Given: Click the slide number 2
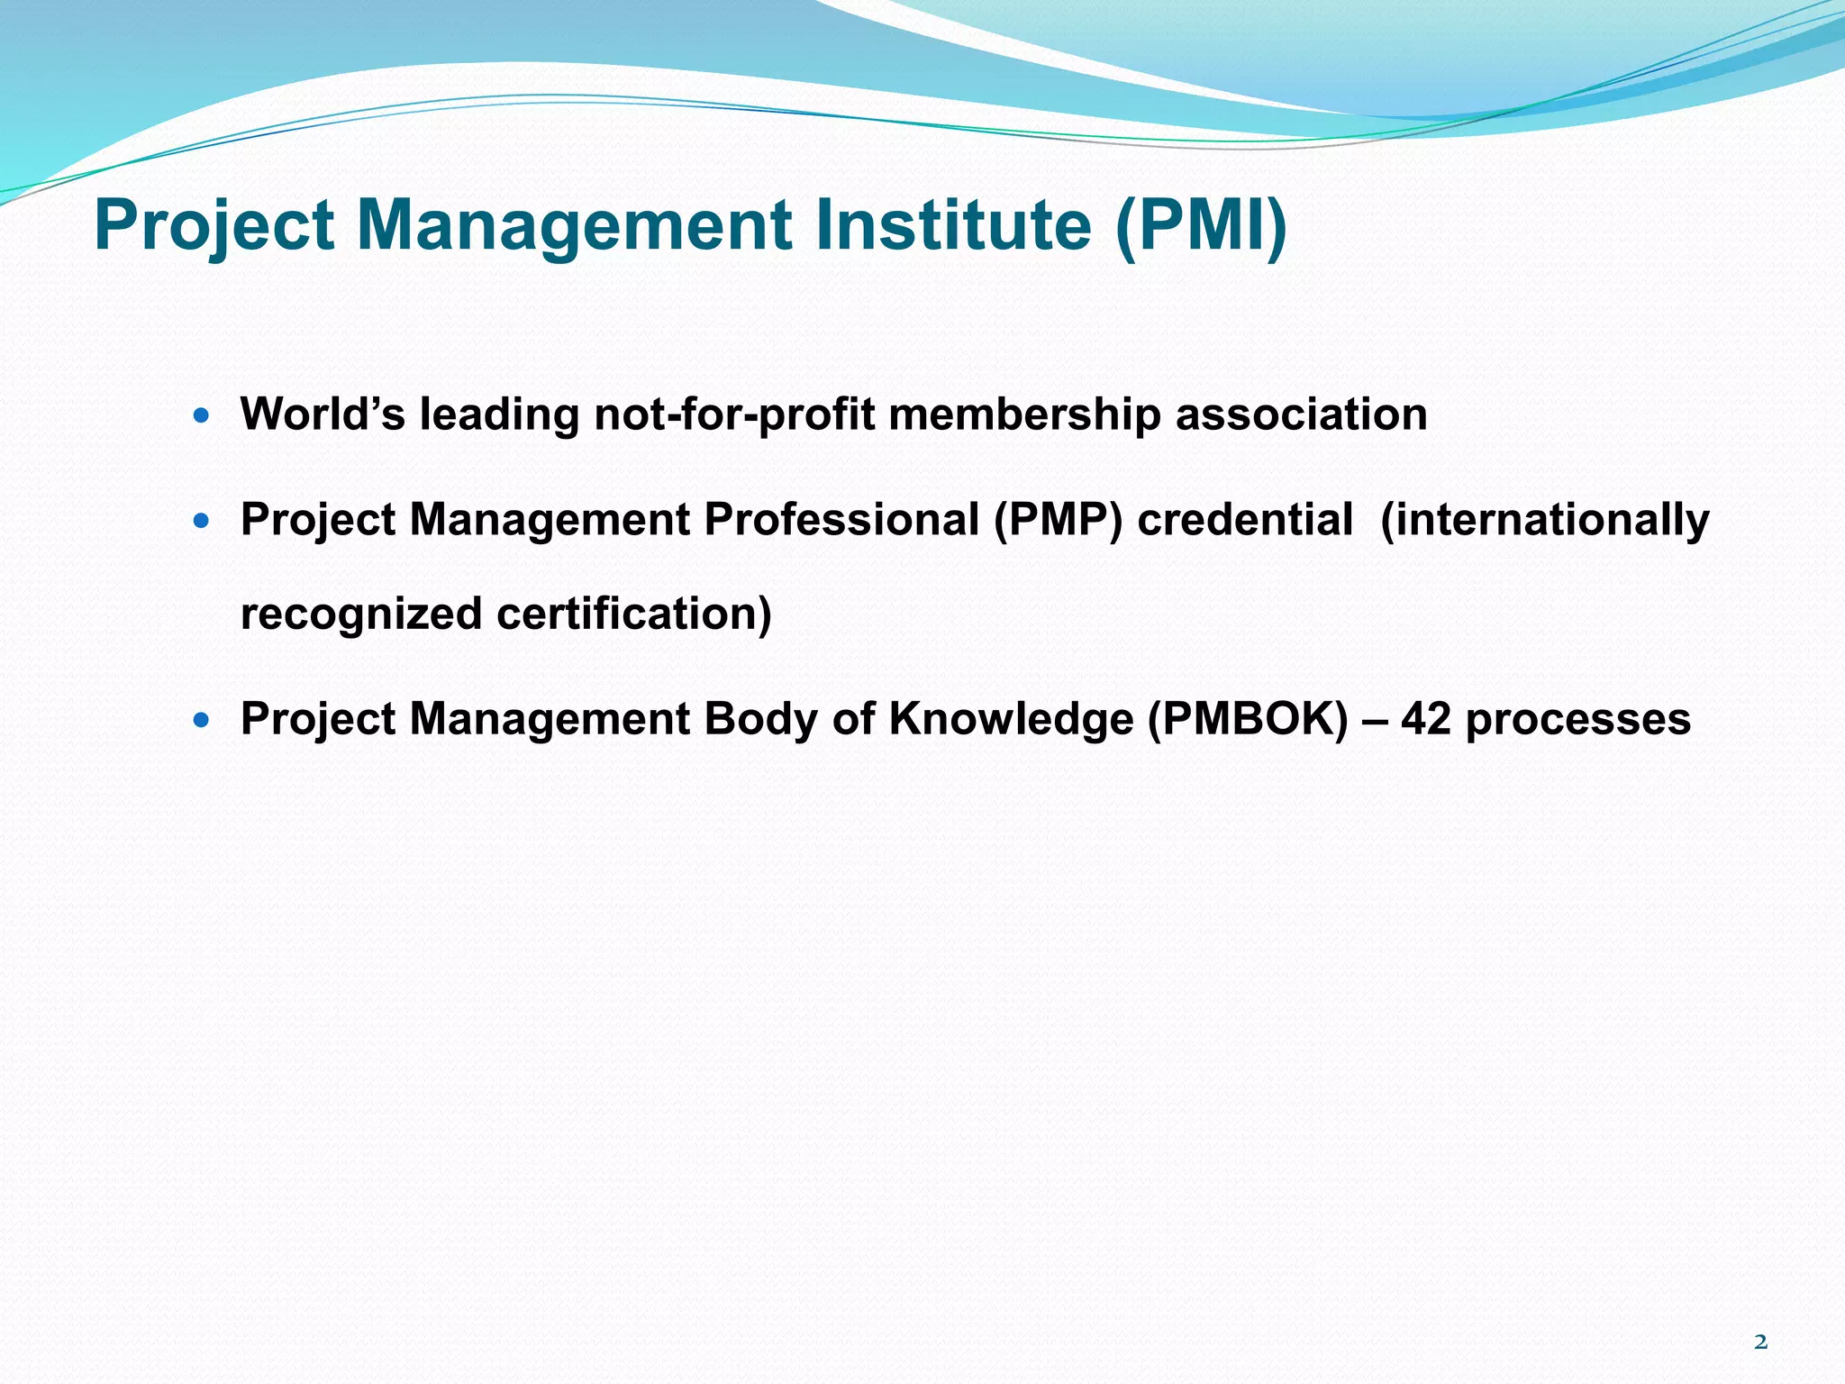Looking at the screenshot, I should pyautogui.click(x=1760, y=1343).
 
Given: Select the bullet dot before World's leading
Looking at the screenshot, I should pyautogui.click(x=201, y=416).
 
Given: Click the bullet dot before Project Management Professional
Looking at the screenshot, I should pyautogui.click(x=201, y=521).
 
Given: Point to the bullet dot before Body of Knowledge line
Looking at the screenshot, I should pyautogui.click(x=201, y=720).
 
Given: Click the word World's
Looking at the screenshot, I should pyautogui.click(x=323, y=414).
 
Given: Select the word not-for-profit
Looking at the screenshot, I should pyautogui.click(x=734, y=414).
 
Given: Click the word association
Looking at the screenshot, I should pyautogui.click(x=1301, y=414).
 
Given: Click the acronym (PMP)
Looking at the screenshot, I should pyautogui.click(x=1058, y=521).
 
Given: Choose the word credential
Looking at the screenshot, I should pyautogui.click(x=1245, y=520).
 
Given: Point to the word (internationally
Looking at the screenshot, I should pyautogui.click(x=1544, y=521).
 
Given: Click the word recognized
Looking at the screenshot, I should pyautogui.click(x=362, y=615).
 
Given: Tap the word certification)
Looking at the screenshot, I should pyautogui.click(x=634, y=615).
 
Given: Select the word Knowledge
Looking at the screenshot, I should pyautogui.click(x=1011, y=720).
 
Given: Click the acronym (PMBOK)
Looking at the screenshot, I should pyautogui.click(x=1248, y=720).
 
